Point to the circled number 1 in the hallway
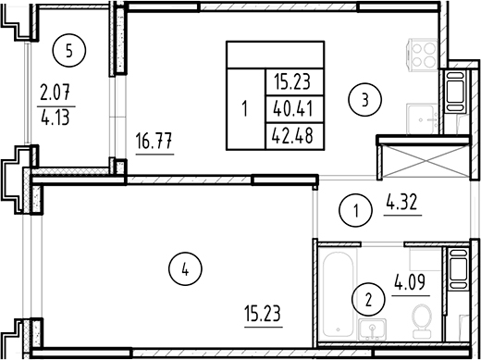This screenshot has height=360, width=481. pyautogui.click(x=356, y=212)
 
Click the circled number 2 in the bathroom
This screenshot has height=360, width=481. pyautogui.click(x=368, y=299)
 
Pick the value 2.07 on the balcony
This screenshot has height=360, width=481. pyautogui.click(x=55, y=93)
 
